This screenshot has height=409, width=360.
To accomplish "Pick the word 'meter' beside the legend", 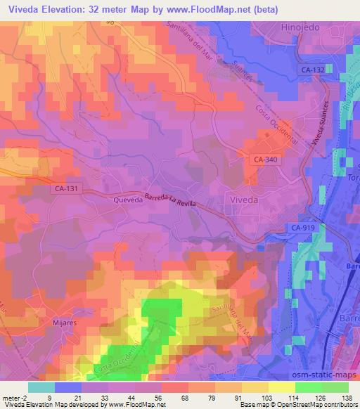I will tap(10, 397).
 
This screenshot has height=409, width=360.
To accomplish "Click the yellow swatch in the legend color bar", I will tap(282, 387).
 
